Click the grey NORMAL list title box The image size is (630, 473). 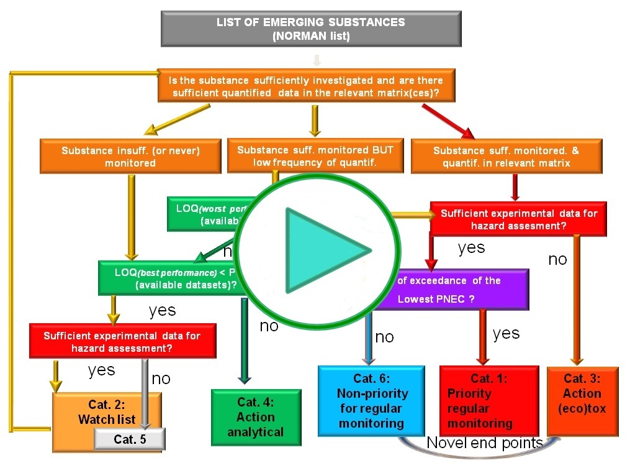click(310, 29)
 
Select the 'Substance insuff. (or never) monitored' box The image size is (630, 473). click(130, 156)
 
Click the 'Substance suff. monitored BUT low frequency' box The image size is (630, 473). click(315, 155)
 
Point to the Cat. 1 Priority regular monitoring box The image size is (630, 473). click(480, 400)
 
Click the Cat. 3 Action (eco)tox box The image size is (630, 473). click(582, 400)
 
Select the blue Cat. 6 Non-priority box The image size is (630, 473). click(371, 400)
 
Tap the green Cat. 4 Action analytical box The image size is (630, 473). click(255, 417)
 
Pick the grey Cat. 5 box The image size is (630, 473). click(130, 439)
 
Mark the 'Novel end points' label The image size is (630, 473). click(484, 443)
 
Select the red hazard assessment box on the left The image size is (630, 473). click(122, 341)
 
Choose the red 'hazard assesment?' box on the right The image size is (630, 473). click(518, 219)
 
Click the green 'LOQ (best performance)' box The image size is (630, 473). click(168, 278)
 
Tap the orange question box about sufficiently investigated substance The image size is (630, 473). click(305, 86)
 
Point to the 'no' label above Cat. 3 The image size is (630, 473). click(557, 259)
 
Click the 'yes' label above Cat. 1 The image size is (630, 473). click(506, 333)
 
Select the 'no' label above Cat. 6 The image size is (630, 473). click(384, 337)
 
